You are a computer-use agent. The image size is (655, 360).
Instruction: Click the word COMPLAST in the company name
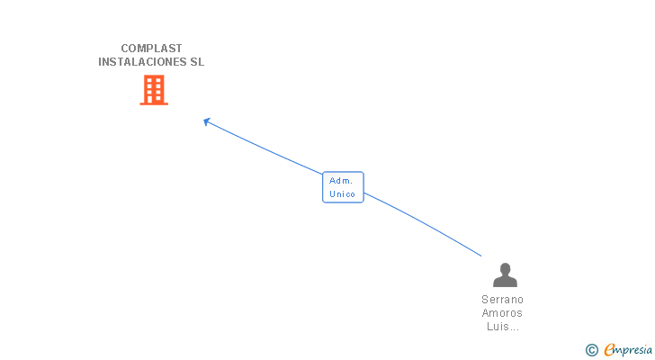151,49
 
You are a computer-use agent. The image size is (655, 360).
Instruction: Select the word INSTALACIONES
142,62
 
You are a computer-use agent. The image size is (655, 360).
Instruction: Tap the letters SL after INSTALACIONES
197,62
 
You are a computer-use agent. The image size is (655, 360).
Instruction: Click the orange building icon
154,90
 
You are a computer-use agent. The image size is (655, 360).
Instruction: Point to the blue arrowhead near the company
206,121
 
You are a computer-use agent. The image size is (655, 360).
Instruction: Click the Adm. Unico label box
343,187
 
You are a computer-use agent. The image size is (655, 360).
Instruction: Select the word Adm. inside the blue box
341,181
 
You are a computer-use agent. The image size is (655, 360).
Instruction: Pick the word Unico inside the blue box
342,194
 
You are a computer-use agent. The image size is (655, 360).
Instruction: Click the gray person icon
505,274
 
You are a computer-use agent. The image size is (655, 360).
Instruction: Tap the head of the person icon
506,268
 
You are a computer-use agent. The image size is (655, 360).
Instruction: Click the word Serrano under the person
502,300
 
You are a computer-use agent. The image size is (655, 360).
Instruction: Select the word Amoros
502,313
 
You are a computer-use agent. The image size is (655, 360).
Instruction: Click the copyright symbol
591,350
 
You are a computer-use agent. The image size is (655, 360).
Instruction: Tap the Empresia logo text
628,350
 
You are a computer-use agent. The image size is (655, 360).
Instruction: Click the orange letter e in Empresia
609,349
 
